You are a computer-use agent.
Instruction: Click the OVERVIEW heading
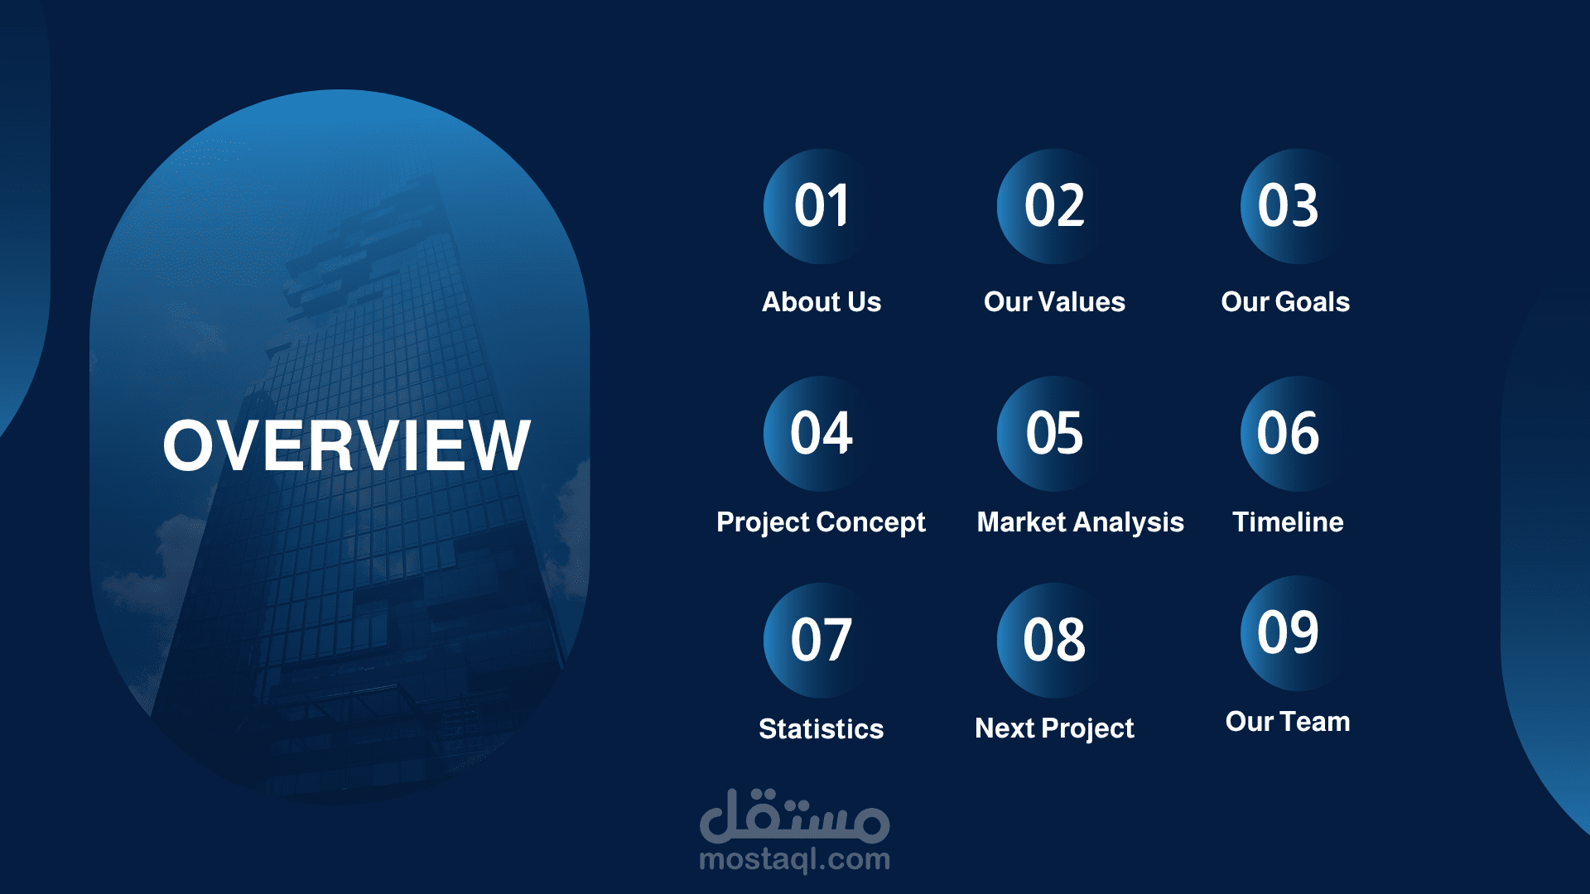(x=346, y=445)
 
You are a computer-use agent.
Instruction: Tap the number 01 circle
(x=821, y=206)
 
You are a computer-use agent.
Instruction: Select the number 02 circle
(x=1054, y=206)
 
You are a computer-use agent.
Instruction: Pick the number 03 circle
(x=1288, y=206)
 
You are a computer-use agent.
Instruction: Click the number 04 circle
(x=821, y=434)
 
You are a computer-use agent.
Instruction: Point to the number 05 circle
(x=1054, y=434)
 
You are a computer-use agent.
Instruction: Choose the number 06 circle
(x=1288, y=434)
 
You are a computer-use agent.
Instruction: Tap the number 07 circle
(x=821, y=641)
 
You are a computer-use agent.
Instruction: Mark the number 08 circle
(x=1054, y=641)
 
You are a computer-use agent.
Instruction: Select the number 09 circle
(x=1288, y=633)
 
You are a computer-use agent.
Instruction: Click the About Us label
(x=821, y=302)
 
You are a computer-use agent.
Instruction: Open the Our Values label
(x=1054, y=302)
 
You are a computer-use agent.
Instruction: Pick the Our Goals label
(x=1285, y=302)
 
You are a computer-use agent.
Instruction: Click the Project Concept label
(x=821, y=523)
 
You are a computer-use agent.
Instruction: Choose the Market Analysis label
(x=1081, y=523)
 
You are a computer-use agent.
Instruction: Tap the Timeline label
(x=1288, y=522)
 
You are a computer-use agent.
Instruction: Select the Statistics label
(x=821, y=729)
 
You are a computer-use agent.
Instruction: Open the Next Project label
(x=1054, y=729)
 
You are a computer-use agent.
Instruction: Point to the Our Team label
(x=1288, y=722)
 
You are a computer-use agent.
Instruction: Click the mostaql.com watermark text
(x=795, y=860)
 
